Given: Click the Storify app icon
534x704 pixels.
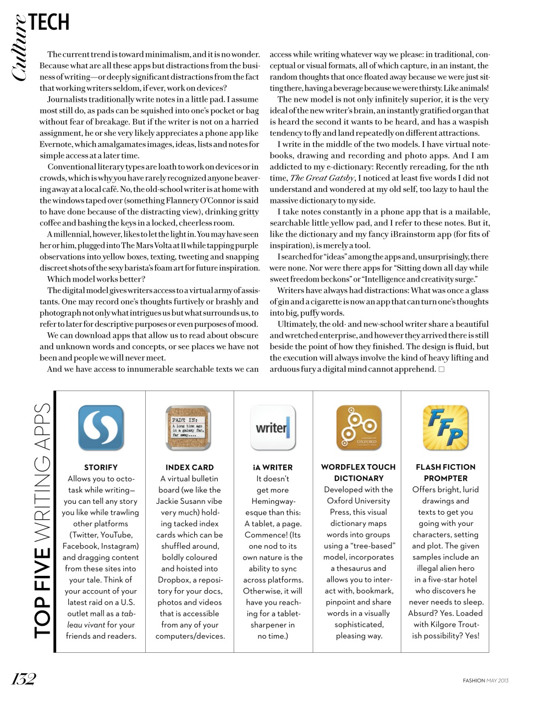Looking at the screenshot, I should coord(101,428).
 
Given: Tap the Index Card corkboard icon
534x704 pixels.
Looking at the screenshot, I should coord(189,428).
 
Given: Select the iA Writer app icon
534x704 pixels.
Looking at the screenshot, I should coord(273,428).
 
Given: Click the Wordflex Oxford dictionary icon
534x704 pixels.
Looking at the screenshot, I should coord(359,428).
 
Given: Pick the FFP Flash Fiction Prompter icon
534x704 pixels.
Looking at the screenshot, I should coord(445,428).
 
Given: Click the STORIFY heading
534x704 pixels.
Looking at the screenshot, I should coord(101,467).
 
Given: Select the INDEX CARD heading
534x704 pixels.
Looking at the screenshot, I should coord(190,467).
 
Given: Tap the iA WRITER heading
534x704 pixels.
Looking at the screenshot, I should coord(273,467).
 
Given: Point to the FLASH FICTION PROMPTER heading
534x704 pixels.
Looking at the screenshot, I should coord(445,472).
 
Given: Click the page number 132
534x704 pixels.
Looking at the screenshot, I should coord(24,679).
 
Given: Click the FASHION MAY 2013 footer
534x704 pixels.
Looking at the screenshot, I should coord(485,680).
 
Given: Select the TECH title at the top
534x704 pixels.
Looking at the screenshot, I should coord(49,23).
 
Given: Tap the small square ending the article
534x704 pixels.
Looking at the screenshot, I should coord(442,369).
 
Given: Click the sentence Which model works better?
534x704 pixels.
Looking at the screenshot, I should coord(96,279).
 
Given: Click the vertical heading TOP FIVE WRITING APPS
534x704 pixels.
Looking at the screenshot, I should coord(42,520).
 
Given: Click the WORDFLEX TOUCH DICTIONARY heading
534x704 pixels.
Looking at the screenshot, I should coord(359,472).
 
